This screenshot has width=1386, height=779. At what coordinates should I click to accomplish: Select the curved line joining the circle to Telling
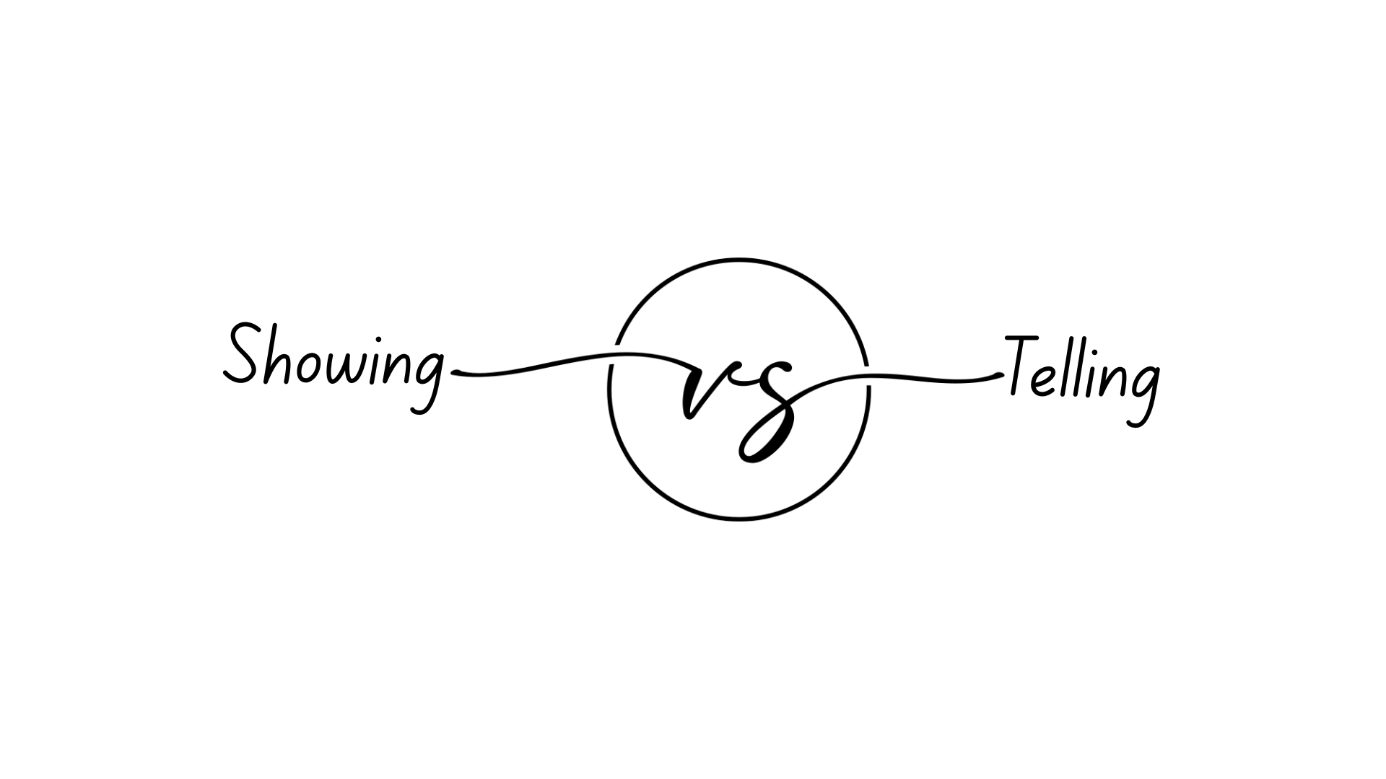931,379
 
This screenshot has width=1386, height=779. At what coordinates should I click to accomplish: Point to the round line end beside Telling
998,376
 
